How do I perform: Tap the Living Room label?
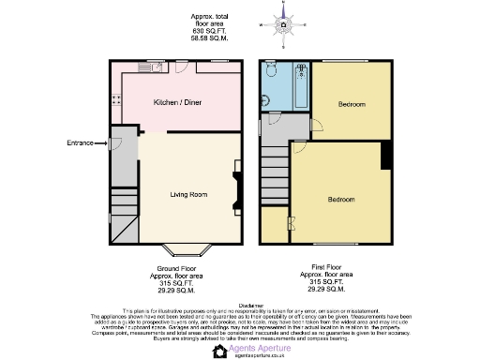187,195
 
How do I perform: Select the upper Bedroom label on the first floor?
352,103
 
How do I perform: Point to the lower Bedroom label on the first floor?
340,200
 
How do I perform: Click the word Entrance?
80,142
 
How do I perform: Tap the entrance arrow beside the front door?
101,142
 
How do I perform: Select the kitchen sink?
149,67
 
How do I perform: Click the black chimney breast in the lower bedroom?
384,157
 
